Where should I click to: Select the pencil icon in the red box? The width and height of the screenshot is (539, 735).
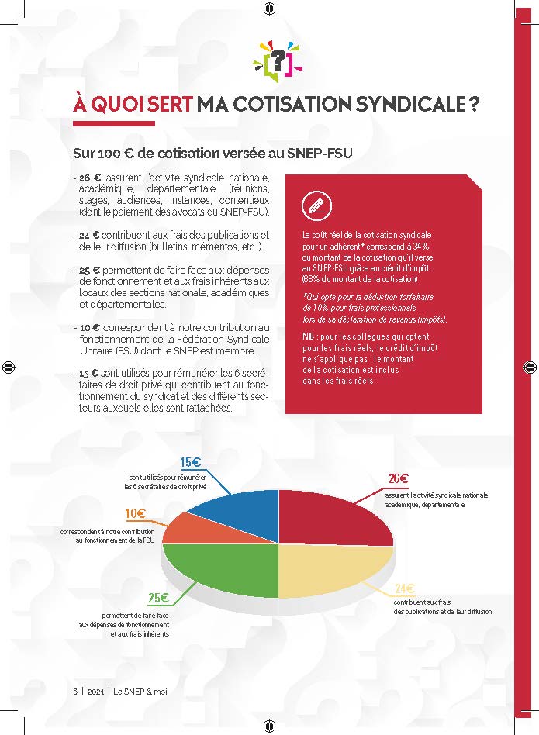(316, 205)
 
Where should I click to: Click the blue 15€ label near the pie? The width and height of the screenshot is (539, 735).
(191, 463)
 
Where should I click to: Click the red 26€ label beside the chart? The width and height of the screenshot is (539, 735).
(399, 478)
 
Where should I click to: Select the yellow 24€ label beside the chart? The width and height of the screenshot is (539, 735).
(403, 588)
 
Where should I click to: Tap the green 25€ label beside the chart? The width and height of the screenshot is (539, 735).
(158, 598)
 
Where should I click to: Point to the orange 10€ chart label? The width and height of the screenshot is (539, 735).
(135, 513)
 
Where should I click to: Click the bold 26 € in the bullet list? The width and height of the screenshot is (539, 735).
(91, 177)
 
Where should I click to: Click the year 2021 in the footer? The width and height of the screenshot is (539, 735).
(96, 691)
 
